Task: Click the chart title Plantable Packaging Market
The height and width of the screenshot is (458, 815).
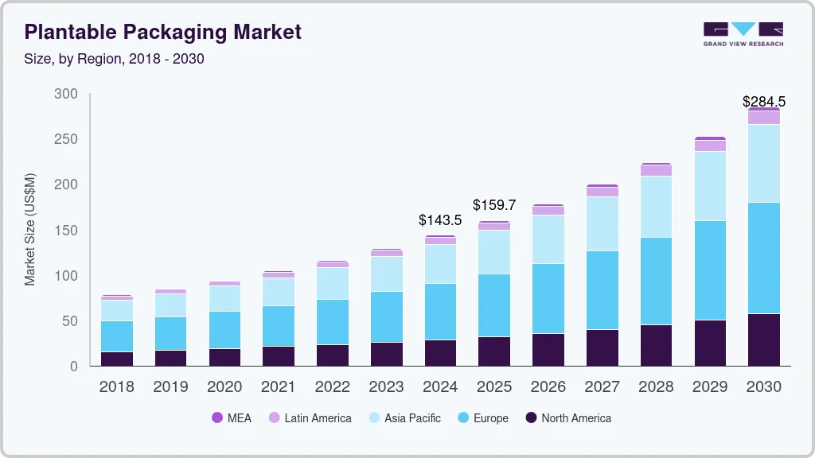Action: (x=163, y=32)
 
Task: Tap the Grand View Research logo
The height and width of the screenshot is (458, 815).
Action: (x=743, y=33)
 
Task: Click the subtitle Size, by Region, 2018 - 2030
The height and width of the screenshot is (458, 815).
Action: (x=114, y=59)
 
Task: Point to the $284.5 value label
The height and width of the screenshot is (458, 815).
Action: (x=763, y=101)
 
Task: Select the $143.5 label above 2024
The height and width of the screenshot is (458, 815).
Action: (x=440, y=220)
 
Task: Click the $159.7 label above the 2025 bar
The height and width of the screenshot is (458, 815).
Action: (x=494, y=205)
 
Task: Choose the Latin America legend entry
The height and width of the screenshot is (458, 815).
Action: (x=310, y=417)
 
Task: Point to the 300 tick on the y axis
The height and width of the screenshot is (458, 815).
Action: (x=66, y=94)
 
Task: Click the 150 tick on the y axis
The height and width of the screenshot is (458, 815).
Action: (x=66, y=231)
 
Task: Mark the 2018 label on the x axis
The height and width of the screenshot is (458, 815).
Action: (x=116, y=386)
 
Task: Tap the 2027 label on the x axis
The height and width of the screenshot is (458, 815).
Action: (x=602, y=386)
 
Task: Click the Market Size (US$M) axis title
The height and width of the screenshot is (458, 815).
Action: (x=30, y=229)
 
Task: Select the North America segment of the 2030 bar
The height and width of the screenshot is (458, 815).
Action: (x=764, y=340)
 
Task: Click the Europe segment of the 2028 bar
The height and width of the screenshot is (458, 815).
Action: (x=656, y=281)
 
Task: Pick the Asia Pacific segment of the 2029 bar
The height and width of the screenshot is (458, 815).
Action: (x=710, y=185)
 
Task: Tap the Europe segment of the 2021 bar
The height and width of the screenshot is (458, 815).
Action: (x=279, y=326)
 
